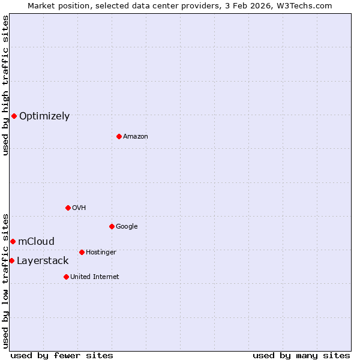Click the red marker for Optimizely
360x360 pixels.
[x=14, y=116]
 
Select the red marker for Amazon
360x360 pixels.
[x=119, y=136]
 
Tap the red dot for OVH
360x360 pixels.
[x=68, y=208]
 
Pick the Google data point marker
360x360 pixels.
[x=112, y=226]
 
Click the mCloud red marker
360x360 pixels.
[x=13, y=241]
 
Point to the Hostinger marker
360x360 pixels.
[x=82, y=252]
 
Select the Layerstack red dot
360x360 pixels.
[x=11, y=260]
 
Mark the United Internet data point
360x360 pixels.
[x=66, y=277]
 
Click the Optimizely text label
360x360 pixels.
[x=44, y=116]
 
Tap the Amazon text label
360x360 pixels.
[x=136, y=137]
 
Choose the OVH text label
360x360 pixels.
[x=79, y=208]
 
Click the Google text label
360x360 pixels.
[x=127, y=227]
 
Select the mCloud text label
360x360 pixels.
[x=36, y=242]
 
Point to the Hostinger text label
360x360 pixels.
[x=101, y=253]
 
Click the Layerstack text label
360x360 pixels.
[x=43, y=261]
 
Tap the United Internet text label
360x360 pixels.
[x=95, y=277]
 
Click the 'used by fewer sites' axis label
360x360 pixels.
[x=62, y=355]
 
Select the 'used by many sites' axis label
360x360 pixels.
[x=301, y=355]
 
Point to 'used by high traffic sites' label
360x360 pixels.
[x=5, y=86]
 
